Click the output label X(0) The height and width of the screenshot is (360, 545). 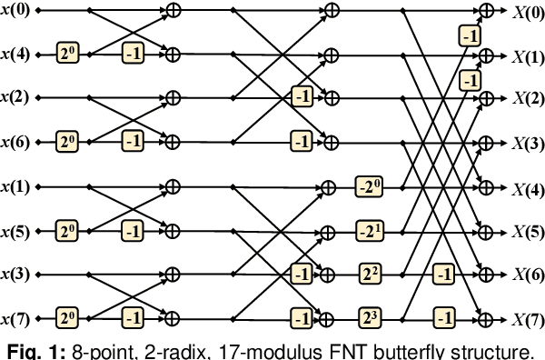527,10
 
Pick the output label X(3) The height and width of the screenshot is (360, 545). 527,143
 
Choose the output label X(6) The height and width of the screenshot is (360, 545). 527,274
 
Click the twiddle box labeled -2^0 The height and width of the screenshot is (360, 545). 370,186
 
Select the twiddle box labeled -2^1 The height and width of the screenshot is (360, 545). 370,230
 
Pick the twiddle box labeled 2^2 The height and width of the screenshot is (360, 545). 370,274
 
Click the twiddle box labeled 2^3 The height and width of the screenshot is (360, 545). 370,318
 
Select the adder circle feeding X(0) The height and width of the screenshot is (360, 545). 488,10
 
